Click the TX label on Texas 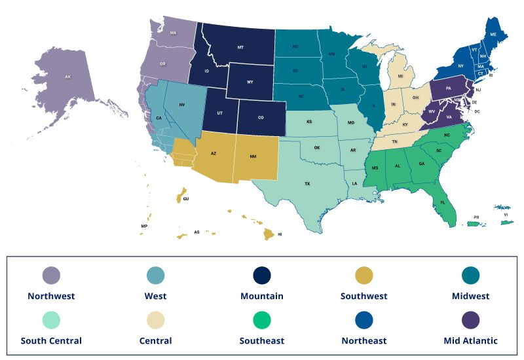(x=307, y=184)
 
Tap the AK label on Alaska (x=67, y=77)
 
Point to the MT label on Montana (x=240, y=48)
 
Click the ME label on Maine (x=493, y=33)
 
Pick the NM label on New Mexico (x=254, y=156)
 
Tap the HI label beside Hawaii (x=280, y=234)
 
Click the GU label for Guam (x=186, y=198)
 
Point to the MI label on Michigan (x=400, y=76)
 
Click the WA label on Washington (x=174, y=32)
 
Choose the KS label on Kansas (x=309, y=122)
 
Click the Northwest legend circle (x=51, y=276)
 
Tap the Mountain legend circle (x=261, y=276)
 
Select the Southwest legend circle (x=365, y=276)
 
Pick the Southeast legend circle (x=261, y=320)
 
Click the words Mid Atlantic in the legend (x=470, y=340)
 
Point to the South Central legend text (x=51, y=340)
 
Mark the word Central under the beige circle (x=156, y=340)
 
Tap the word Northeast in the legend (x=364, y=340)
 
